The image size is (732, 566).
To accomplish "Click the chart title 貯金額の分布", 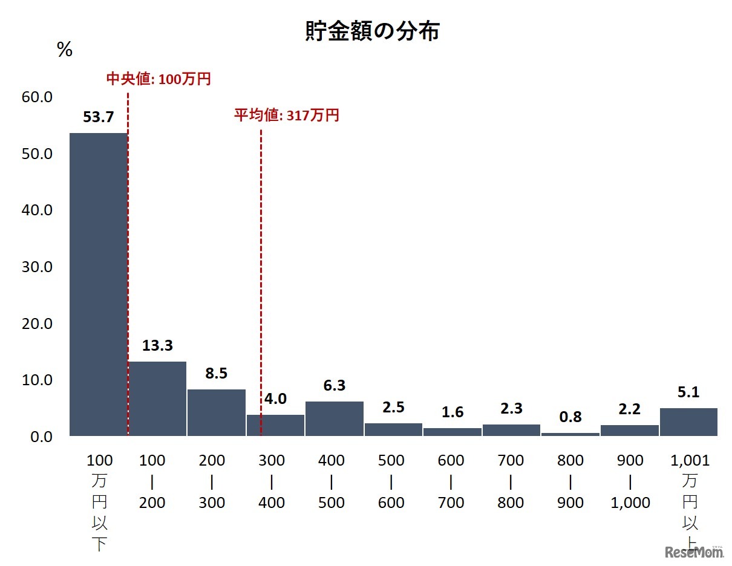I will coord(372,32).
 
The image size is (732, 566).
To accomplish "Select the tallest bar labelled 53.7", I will coord(99,284).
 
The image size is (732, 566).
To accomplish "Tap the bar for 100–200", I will coord(157,398).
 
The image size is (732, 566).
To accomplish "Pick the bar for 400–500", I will coord(334,418).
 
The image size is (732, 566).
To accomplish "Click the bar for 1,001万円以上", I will coord(688,422).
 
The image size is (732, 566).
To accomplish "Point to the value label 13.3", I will coord(157,346).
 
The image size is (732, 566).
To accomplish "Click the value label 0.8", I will coord(570,417).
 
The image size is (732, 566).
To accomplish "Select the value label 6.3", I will coord(334,386).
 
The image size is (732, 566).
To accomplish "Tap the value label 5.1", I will coord(688,393).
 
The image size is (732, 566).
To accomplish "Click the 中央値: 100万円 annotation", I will coord(158,79).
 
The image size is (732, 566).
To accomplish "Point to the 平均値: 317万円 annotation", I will coord(287,115).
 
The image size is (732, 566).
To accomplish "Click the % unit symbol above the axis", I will coord(65,50).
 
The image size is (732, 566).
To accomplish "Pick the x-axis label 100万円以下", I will coord(100,502).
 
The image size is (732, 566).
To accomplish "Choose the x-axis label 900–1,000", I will coord(630,481).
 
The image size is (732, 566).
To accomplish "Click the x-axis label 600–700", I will coord(451,481).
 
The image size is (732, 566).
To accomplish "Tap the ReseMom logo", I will coord(694,551).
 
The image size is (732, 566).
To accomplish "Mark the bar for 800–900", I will coord(570,434).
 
